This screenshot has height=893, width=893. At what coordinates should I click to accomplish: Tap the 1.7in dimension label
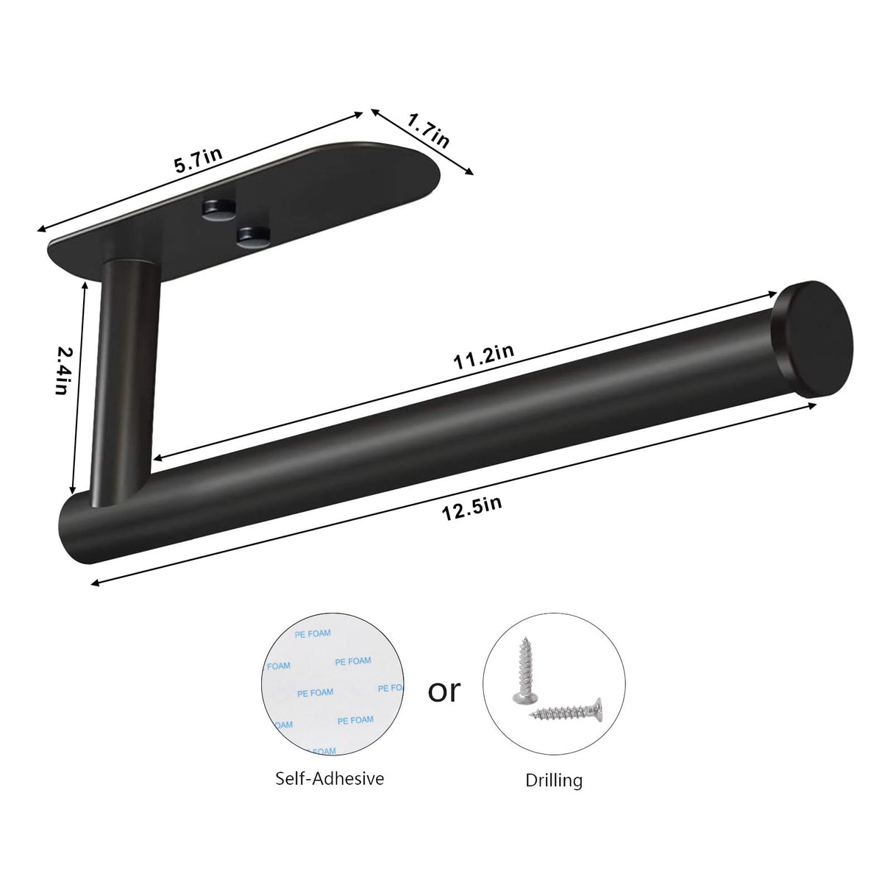point(429,129)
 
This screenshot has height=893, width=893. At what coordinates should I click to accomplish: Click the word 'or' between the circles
point(444,691)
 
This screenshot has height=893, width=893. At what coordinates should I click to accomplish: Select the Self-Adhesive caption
point(330,778)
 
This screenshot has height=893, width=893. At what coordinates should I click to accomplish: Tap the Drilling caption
point(554,780)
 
